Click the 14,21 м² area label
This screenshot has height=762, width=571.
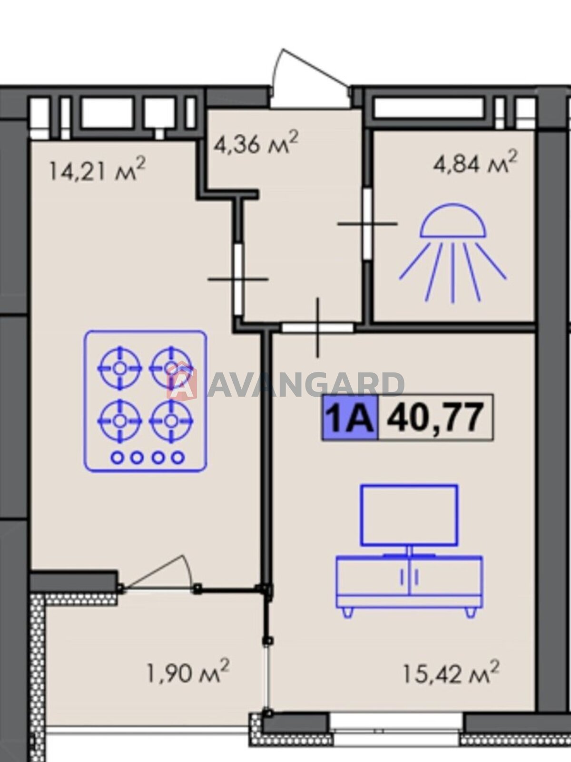[97, 169]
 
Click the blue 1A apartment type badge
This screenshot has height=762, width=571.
[350, 417]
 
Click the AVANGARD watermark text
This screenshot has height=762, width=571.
[305, 385]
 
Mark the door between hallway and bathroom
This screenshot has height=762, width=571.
[368, 224]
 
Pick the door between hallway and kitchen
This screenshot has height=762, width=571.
[238, 279]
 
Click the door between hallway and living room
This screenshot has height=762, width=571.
[317, 327]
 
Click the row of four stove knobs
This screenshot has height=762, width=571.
[148, 458]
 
